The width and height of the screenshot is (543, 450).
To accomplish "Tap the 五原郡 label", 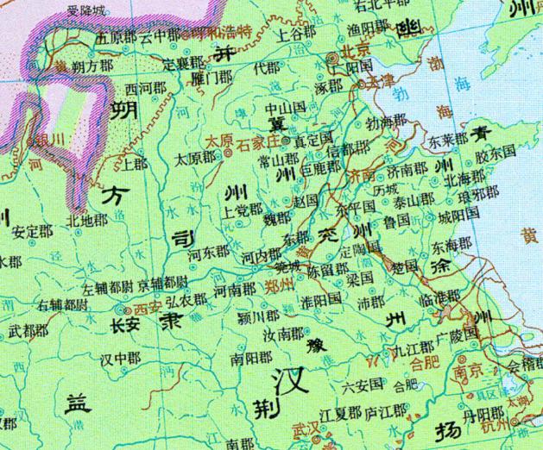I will [117, 38].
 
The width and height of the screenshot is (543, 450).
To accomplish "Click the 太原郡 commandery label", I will [194, 159].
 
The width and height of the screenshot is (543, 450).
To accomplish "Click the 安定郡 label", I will [32, 231].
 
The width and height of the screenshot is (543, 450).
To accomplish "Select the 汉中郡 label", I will [121, 357].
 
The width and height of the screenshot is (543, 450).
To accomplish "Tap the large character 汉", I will [288, 381].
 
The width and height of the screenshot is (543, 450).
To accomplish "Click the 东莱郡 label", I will [449, 137].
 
